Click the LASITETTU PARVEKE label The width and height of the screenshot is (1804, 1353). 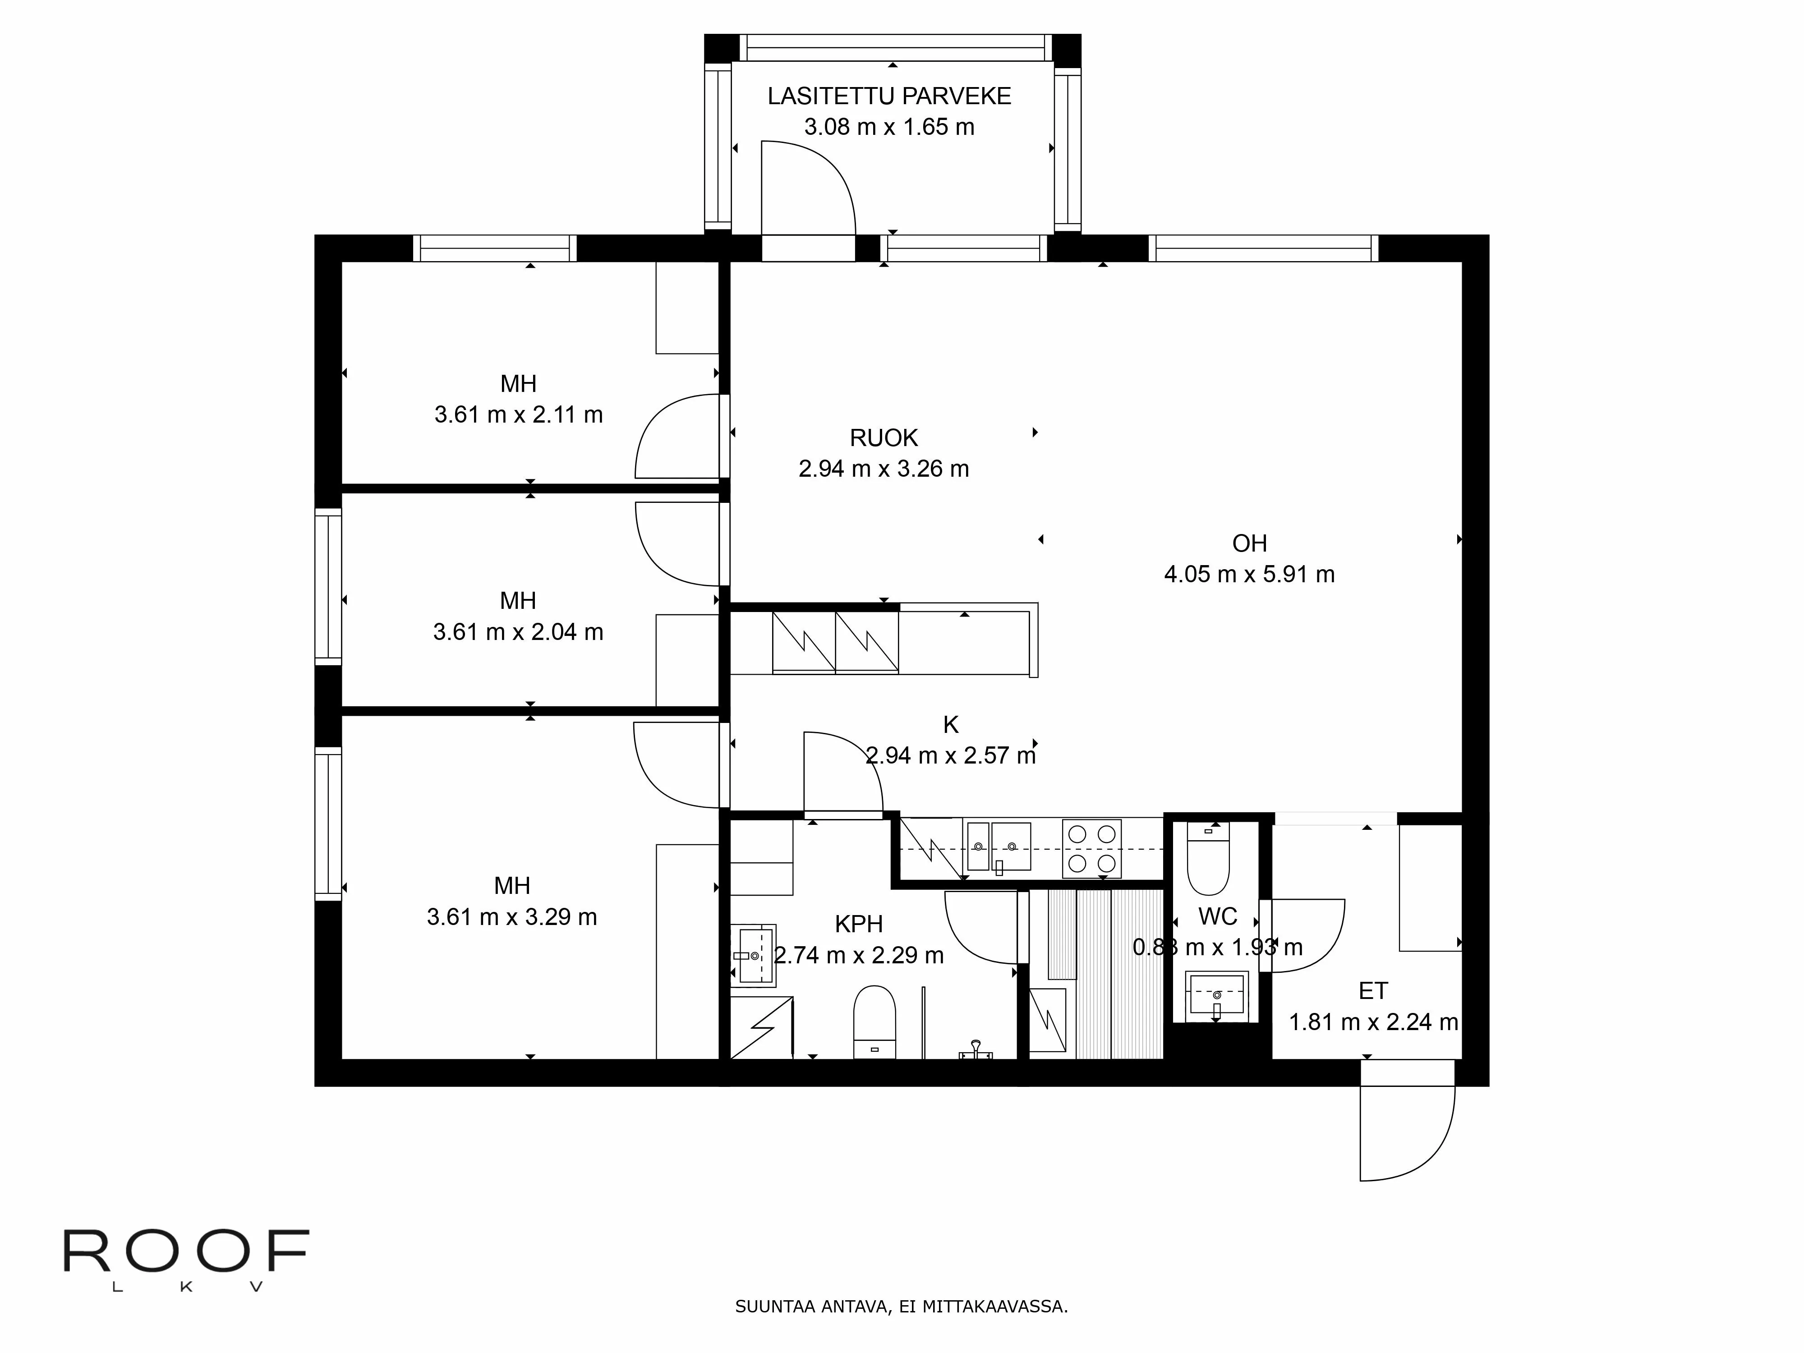[889, 96]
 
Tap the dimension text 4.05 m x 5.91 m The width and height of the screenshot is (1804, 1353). [1249, 574]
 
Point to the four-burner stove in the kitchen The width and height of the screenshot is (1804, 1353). [1092, 848]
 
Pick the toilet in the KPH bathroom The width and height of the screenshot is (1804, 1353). [874, 1022]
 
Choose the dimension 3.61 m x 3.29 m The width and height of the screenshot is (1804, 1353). [512, 917]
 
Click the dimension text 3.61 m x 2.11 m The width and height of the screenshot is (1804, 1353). [519, 414]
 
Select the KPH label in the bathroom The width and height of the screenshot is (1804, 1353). [859, 924]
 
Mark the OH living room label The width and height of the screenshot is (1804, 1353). [1249, 543]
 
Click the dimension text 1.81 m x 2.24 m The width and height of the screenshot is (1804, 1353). [1373, 1022]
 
